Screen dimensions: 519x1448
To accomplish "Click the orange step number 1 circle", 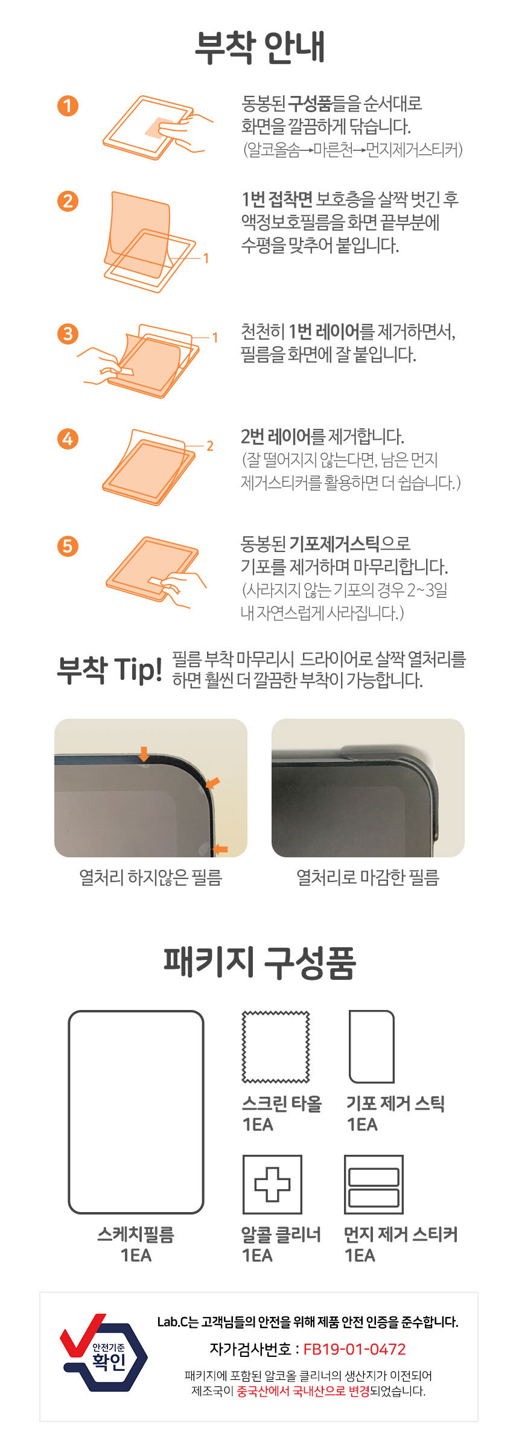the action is [x=68, y=106].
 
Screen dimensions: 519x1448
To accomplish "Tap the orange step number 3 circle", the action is [x=68, y=334].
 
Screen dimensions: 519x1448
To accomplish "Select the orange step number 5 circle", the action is [x=68, y=547].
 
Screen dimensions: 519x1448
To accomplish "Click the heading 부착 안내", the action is [x=260, y=47].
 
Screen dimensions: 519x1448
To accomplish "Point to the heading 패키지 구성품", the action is [x=260, y=962].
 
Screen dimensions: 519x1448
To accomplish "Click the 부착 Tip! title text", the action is [x=109, y=670].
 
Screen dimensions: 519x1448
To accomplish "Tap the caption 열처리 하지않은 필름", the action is [x=151, y=877].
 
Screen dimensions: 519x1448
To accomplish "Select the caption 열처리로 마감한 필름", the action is [x=368, y=877].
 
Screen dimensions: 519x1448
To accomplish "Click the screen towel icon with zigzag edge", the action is [x=276, y=1047].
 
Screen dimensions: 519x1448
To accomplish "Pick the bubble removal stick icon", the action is [x=372, y=1047].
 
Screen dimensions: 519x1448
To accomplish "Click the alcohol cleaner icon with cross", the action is [x=272, y=1184].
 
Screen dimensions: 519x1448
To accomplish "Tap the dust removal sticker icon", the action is [x=374, y=1184].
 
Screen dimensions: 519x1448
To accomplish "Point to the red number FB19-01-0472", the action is [x=354, y=1349].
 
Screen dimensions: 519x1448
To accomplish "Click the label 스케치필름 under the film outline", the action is [x=136, y=1234].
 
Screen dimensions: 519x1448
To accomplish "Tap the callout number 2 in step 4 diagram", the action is [x=210, y=446].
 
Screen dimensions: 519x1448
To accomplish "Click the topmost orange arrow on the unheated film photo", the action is [x=144, y=754].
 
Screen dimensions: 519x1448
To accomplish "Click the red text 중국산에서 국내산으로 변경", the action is [x=303, y=1391].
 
